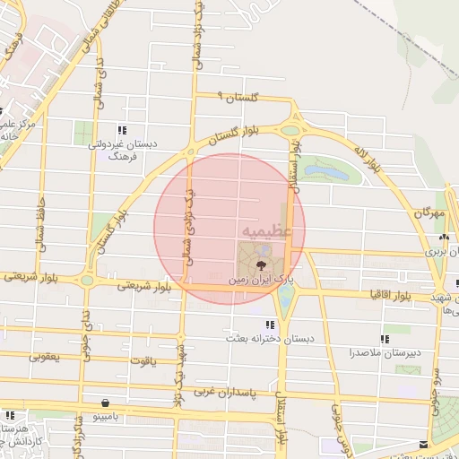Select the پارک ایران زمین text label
[x=260, y=281]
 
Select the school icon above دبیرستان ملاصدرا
[x=385, y=339]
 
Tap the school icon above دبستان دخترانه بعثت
[x=269, y=325]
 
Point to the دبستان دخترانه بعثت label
[x=268, y=339]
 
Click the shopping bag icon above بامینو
[x=107, y=403]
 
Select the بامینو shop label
[x=107, y=417]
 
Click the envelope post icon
[x=423, y=444]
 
